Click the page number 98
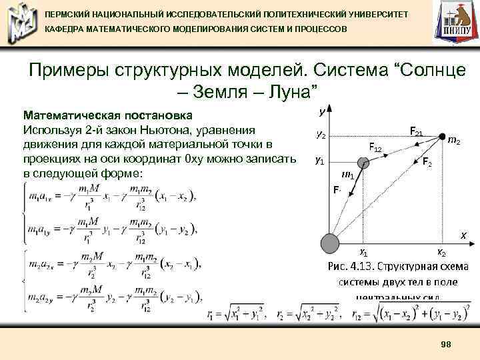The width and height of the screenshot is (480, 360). (446, 343)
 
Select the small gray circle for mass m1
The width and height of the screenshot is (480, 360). (363, 163)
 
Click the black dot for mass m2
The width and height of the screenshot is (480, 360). (443, 137)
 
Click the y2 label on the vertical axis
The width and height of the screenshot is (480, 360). (321, 135)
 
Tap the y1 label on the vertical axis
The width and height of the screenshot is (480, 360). (321, 161)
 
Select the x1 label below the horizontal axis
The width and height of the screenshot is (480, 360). (363, 252)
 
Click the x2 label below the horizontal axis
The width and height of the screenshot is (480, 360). (442, 252)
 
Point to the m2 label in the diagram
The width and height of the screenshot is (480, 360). (456, 141)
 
